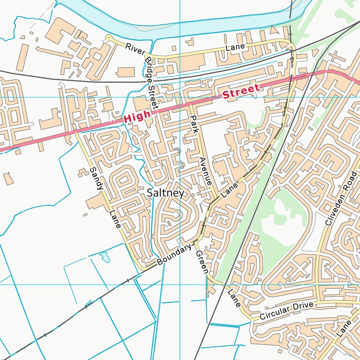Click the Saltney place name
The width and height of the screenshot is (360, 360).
coord(165,193)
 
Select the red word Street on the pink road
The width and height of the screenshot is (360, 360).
coord(241,92)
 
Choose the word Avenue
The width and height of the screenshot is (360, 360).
coord(205,171)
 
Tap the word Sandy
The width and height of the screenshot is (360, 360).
coord(96,178)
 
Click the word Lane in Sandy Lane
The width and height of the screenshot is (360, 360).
coord(115,219)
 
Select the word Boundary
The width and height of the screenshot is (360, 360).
coord(174,255)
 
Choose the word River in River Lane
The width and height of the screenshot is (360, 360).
coord(135,48)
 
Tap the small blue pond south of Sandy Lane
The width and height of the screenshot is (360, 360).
coord(105,256)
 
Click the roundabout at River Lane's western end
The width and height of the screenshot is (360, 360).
coord(109,38)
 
